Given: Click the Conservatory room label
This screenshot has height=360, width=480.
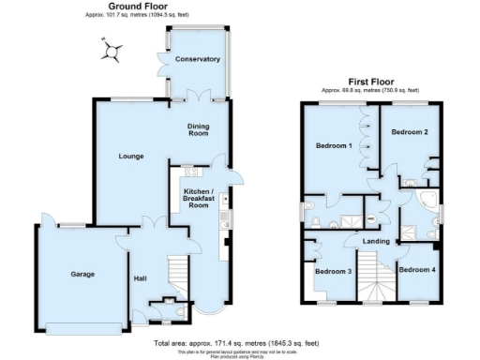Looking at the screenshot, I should [x=198, y=59].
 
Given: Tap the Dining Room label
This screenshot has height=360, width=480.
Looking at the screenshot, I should [x=198, y=130].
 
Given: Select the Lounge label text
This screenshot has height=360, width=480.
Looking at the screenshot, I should [x=130, y=156].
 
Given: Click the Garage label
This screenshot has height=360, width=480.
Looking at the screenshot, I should [x=82, y=275].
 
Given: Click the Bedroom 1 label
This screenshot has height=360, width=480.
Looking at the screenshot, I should [x=334, y=146].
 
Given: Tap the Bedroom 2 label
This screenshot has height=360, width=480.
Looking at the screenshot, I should [x=410, y=132].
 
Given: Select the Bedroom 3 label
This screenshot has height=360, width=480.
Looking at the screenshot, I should [x=333, y=272].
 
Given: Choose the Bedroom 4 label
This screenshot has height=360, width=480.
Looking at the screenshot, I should [x=416, y=270].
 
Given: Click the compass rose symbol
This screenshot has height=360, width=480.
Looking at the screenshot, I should [x=112, y=52].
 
